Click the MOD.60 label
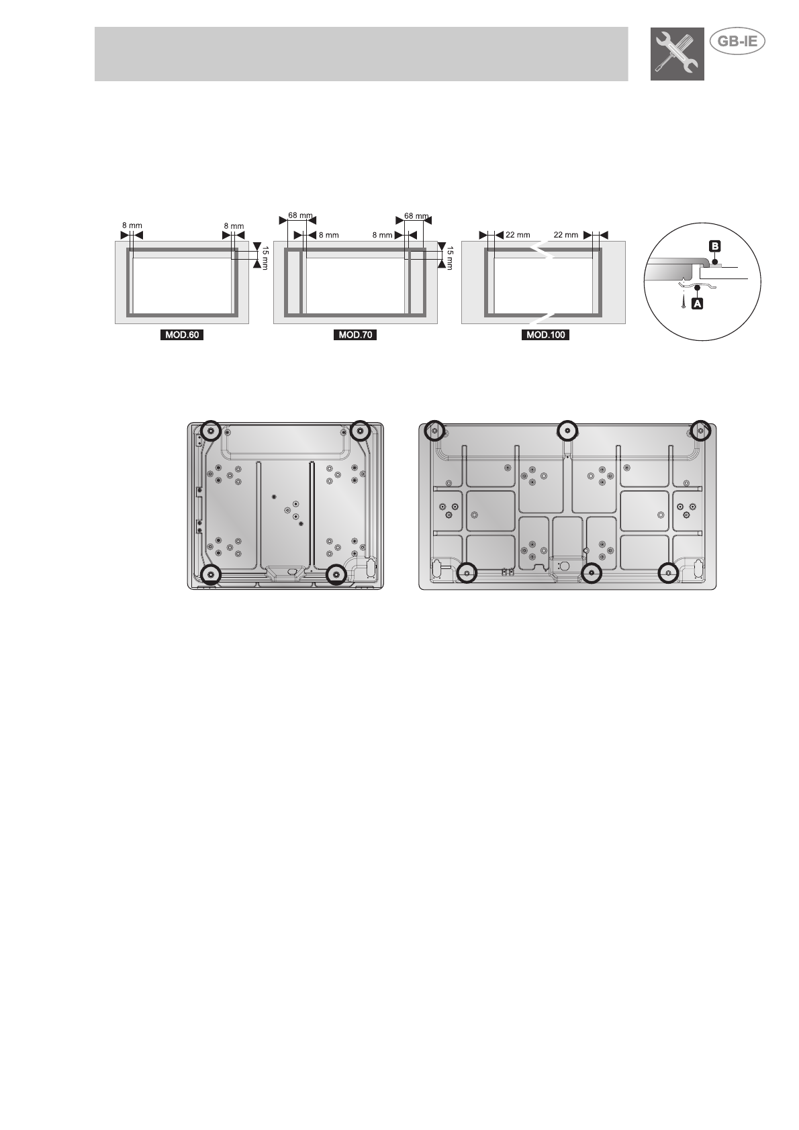(x=182, y=335)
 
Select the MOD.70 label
(x=355, y=335)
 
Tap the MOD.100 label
(x=545, y=335)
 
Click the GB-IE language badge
(x=737, y=42)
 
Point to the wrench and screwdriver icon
(x=677, y=54)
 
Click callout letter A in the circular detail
(x=697, y=303)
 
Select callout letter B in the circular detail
(x=714, y=246)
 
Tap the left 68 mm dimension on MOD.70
(x=299, y=215)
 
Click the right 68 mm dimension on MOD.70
(x=416, y=216)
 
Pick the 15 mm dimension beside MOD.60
(x=265, y=257)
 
